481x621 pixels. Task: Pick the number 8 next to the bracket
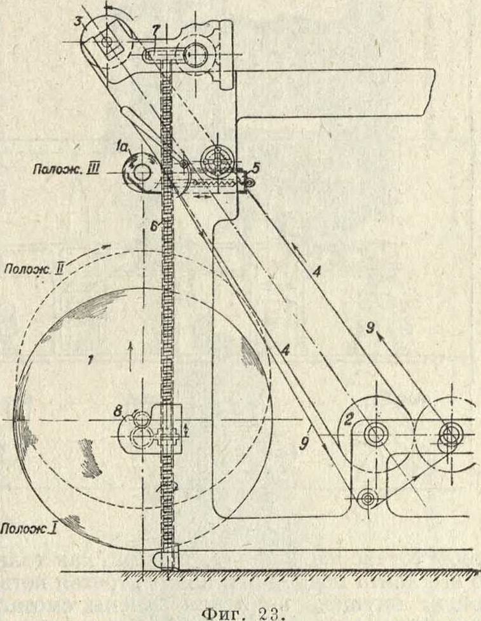click(118, 412)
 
